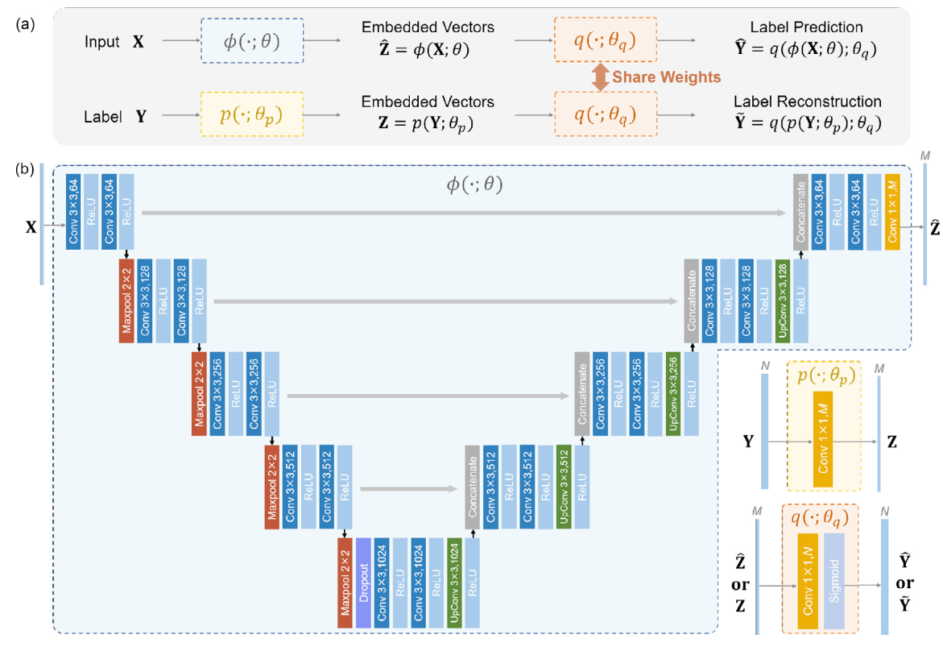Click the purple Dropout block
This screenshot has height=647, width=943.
pos(363,583)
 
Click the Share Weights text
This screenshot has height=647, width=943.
pos(662,77)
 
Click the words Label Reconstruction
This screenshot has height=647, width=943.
pos(807,102)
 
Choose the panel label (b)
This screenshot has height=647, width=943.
pos(23,170)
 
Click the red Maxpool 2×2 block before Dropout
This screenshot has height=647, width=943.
pos(345,583)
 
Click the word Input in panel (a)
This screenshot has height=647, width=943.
pos(101,41)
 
